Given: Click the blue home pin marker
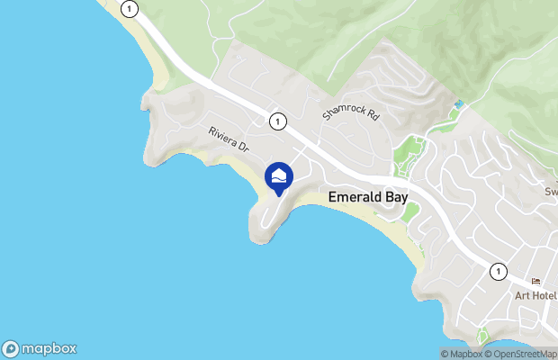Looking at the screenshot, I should click(279, 177).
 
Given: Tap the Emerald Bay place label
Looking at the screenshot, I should click(368, 196).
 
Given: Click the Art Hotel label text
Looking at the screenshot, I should click(535, 296).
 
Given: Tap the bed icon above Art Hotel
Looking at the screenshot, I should click(536, 283).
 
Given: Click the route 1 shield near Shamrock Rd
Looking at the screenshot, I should click(278, 121).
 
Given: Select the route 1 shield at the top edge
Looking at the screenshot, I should click(131, 9).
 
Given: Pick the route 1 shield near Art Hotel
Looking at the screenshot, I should click(498, 271).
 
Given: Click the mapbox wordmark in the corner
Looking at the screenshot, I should click(49, 348).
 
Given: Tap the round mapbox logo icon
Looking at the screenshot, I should click(12, 348).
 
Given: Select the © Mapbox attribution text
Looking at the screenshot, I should click(461, 354).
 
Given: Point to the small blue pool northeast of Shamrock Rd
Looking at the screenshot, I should click(459, 105).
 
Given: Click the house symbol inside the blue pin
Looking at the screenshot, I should click(279, 175).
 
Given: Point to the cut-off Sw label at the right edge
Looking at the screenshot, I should click(551, 191).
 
